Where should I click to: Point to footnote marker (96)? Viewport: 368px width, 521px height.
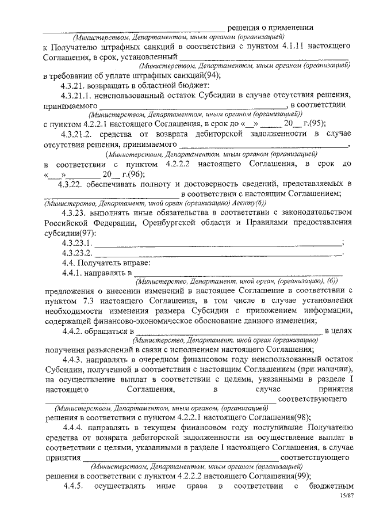click(137, 174)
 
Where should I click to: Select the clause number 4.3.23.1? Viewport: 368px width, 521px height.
click(78, 243)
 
